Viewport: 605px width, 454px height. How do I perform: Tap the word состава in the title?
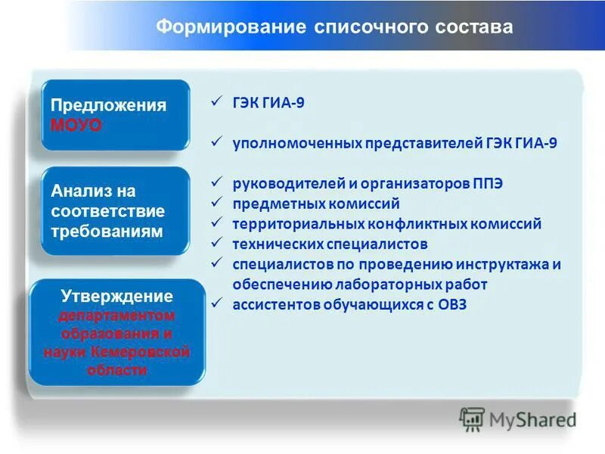pos(473,27)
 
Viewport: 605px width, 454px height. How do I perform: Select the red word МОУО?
pos(76,125)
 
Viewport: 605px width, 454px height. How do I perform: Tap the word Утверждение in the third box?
pos(116,296)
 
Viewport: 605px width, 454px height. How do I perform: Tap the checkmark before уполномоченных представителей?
pos(215,141)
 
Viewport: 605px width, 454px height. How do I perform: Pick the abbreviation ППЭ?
pos(487,184)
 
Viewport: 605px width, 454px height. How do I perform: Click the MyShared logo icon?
pos(472,418)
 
